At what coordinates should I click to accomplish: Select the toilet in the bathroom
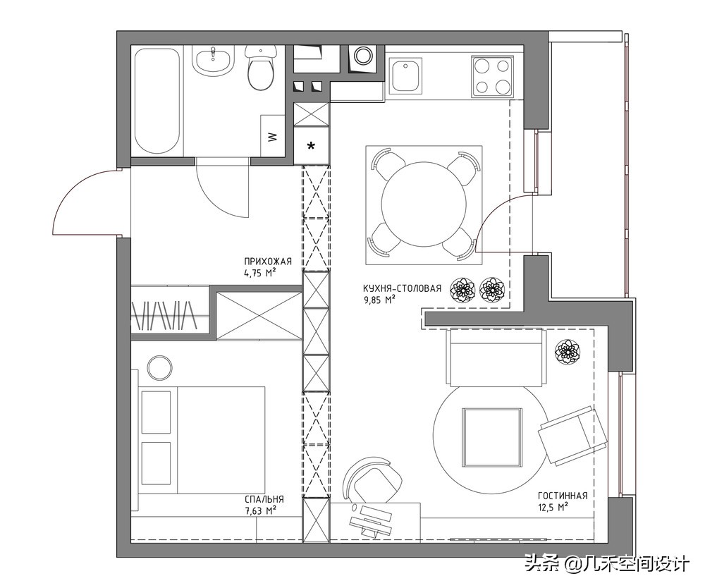[x=260, y=68]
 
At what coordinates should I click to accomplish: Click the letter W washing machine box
[x=273, y=136]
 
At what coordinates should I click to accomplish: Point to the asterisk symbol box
[x=311, y=146]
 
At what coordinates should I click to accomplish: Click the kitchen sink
[x=405, y=76]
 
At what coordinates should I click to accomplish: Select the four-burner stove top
[x=492, y=76]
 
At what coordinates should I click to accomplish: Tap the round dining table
[x=423, y=204]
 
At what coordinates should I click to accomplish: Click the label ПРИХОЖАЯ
[x=268, y=261]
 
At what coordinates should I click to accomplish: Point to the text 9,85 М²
[x=379, y=300]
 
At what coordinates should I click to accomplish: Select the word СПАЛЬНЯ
[x=264, y=499]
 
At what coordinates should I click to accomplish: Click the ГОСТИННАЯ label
[x=563, y=496]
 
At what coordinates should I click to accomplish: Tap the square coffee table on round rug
[x=492, y=437]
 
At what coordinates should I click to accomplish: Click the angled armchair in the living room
[x=572, y=436]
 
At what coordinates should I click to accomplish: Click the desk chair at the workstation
[x=372, y=481]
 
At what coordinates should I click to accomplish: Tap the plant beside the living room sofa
[x=567, y=351]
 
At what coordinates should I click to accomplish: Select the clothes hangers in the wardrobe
[x=164, y=314]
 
